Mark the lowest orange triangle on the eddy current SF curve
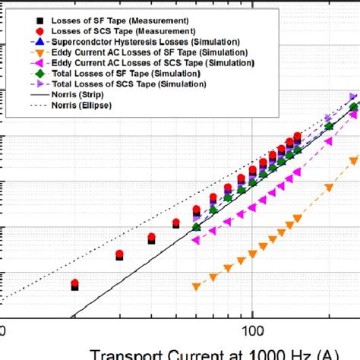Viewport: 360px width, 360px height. click(x=197, y=287)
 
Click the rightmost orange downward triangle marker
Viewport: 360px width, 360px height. click(x=352, y=159)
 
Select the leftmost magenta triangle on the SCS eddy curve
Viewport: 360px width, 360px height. click(x=197, y=240)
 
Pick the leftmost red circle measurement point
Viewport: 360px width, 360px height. click(x=74, y=284)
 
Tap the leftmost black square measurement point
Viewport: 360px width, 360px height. click(x=74, y=287)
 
